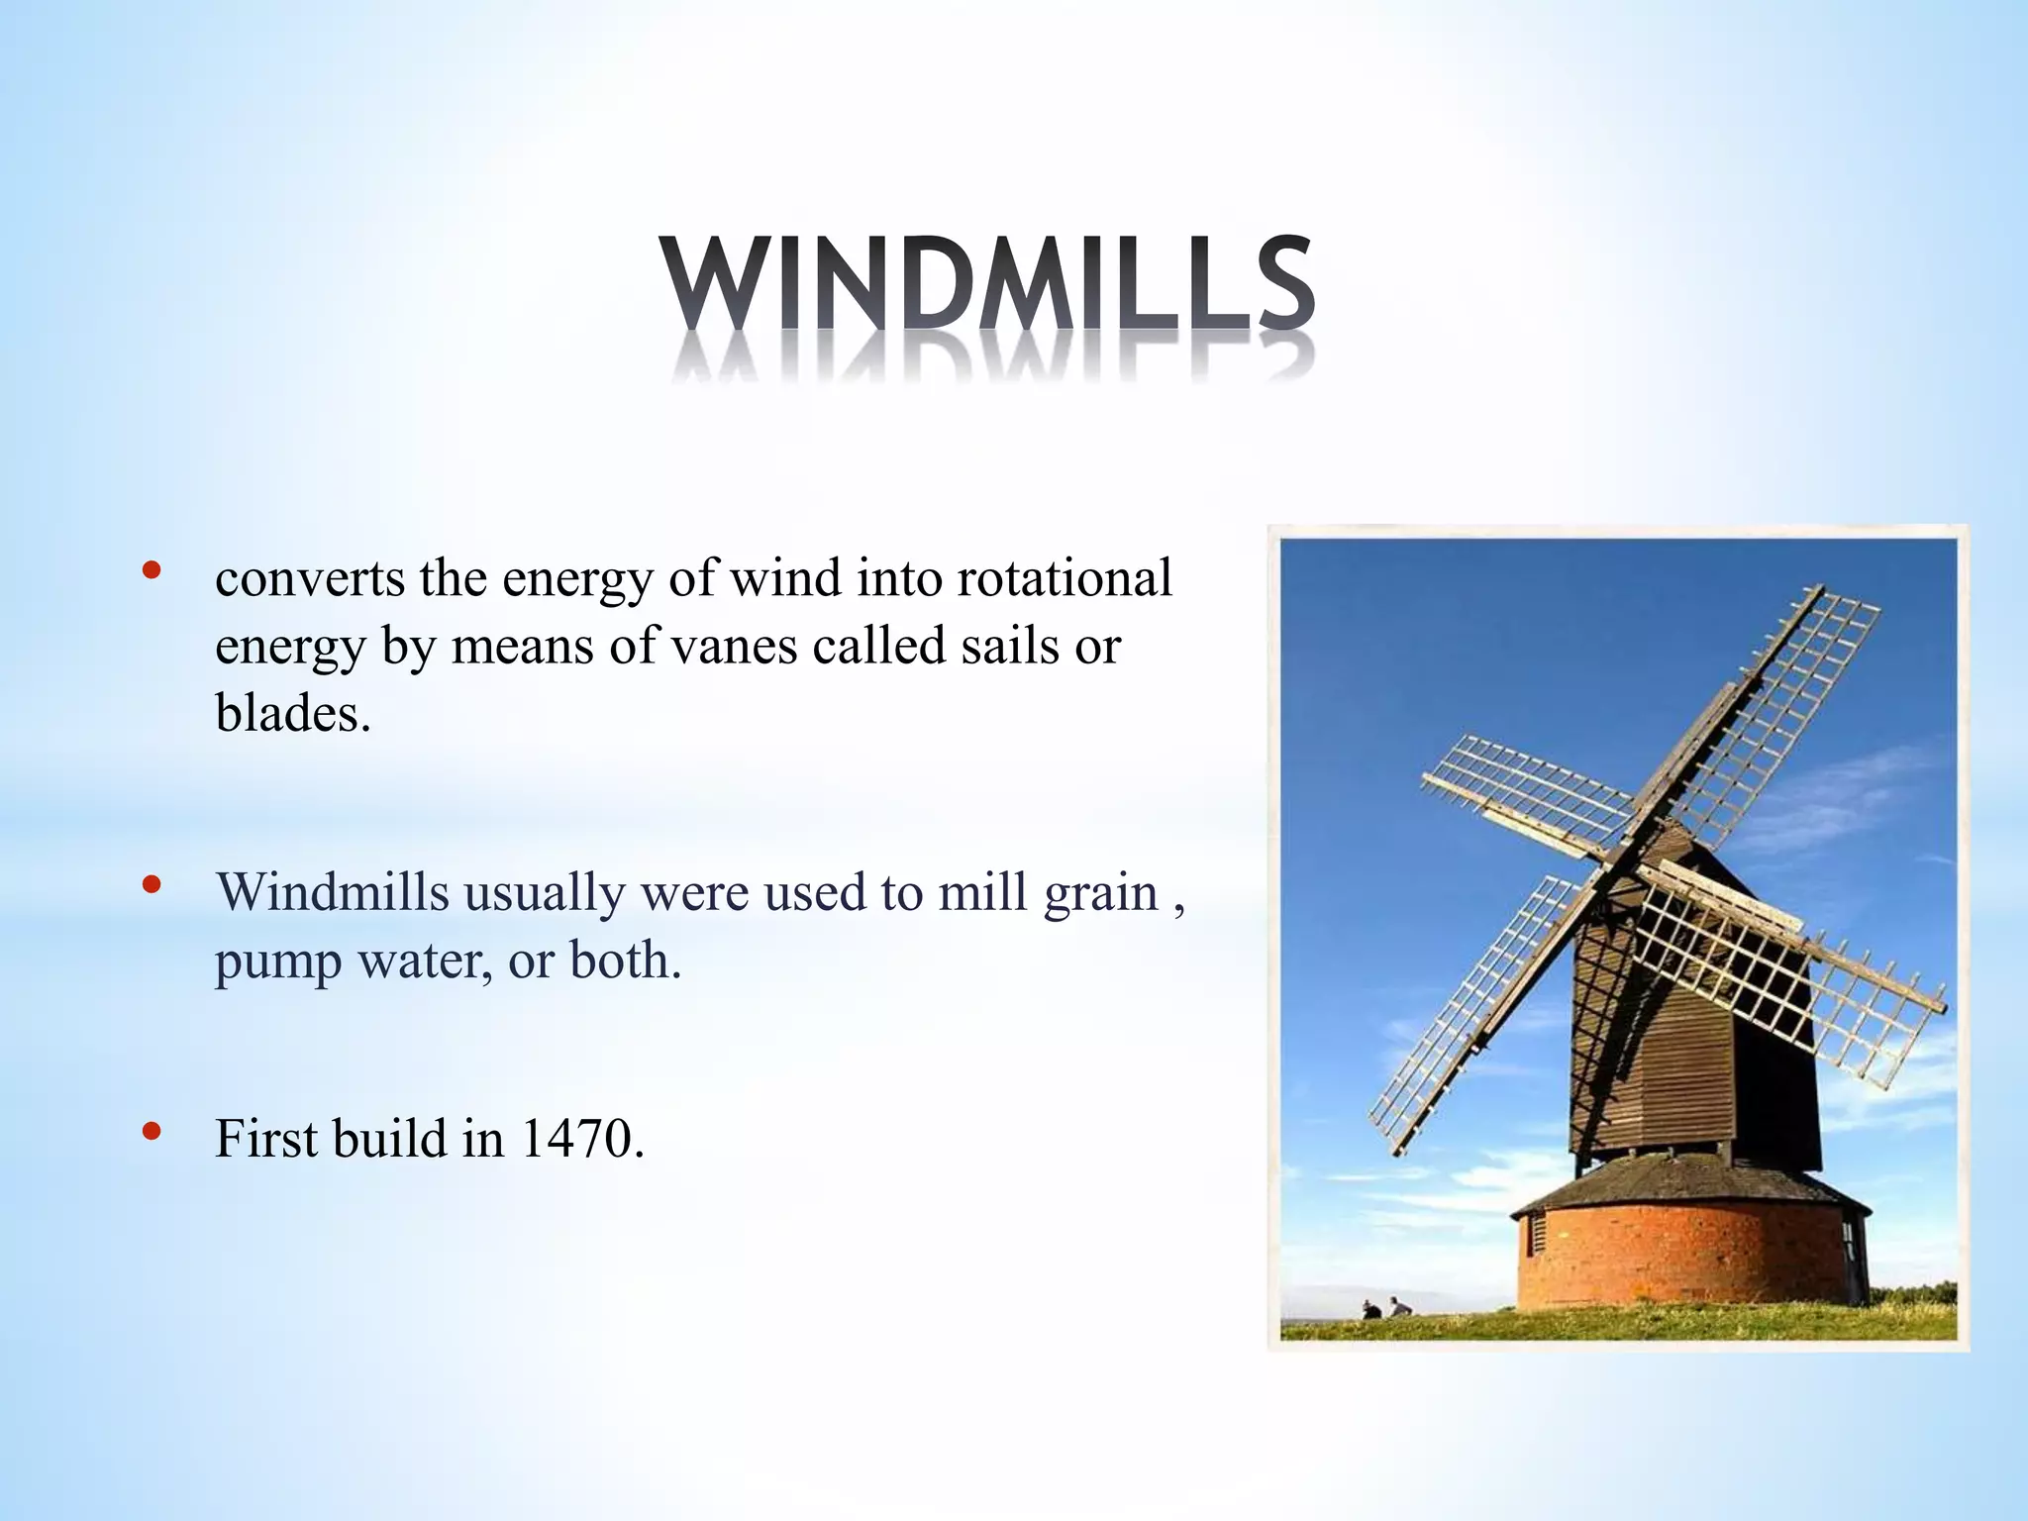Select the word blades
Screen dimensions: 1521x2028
pos(292,712)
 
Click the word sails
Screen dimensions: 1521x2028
pos(1009,646)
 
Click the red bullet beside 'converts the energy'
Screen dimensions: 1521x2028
pos(151,570)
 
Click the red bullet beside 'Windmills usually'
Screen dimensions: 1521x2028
pos(151,884)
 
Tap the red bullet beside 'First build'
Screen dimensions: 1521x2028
pos(151,1131)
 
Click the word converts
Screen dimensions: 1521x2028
pos(309,578)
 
